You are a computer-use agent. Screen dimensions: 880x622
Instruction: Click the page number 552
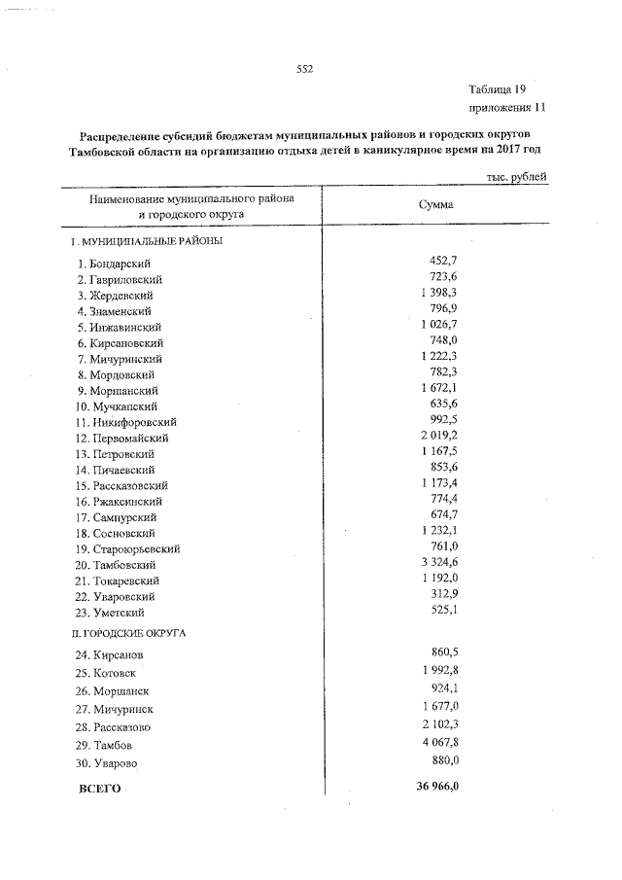[x=304, y=69]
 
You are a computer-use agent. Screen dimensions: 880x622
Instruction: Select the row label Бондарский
[x=121, y=264]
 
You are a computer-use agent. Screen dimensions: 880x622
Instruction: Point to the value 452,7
[x=443, y=262]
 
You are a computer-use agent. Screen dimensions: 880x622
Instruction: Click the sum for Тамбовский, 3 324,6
[x=439, y=563]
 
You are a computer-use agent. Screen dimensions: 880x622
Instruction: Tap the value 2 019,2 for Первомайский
[x=439, y=437]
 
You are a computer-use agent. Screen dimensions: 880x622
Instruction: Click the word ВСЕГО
[x=99, y=789]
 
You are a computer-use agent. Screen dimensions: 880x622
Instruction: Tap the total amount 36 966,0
[x=432, y=787]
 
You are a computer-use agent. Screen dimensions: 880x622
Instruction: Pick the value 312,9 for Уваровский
[x=443, y=594]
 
